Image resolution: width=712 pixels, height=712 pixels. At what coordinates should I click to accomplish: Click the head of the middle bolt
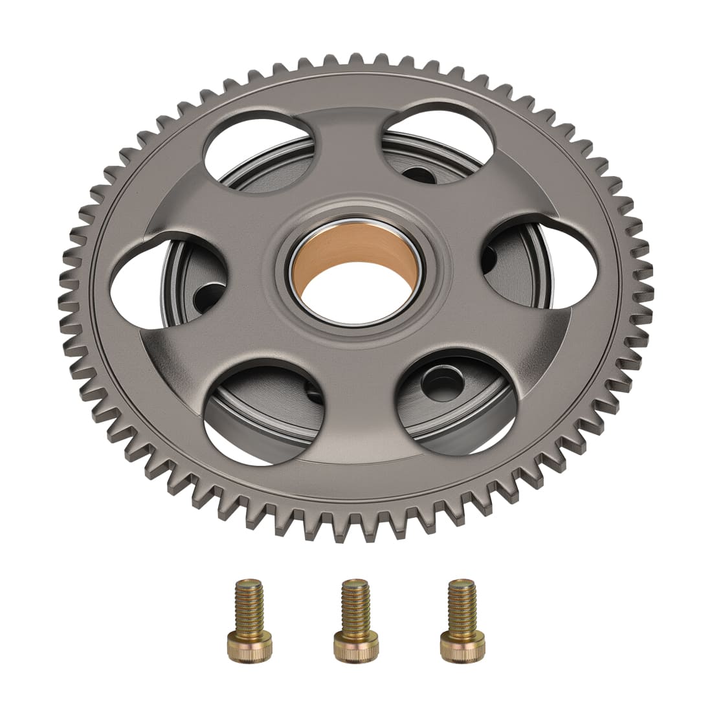click(x=350, y=645)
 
